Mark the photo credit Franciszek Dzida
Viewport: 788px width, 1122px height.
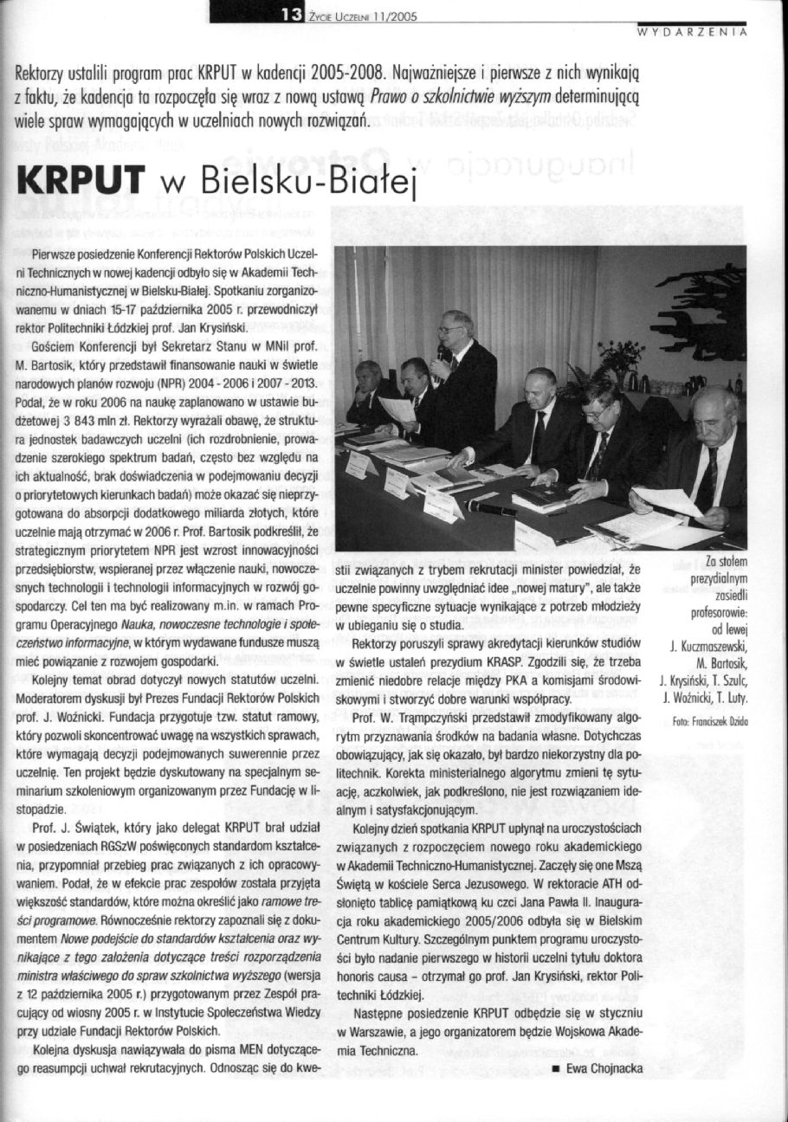(x=709, y=721)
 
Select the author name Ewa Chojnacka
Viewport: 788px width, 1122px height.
(x=604, y=1068)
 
